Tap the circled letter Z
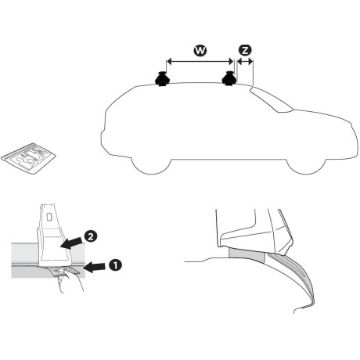click(245, 49)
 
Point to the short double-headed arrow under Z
click(245, 63)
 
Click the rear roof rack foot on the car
click(163, 80)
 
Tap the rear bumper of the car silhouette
click(105, 141)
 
